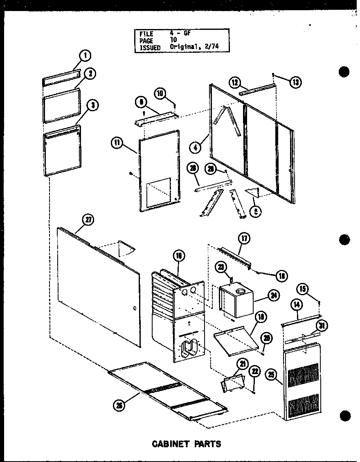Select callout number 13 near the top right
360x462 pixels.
[x=295, y=82]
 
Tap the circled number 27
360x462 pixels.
[x=88, y=220]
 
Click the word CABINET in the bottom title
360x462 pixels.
[x=170, y=444]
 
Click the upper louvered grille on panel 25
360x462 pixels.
[x=303, y=375]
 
